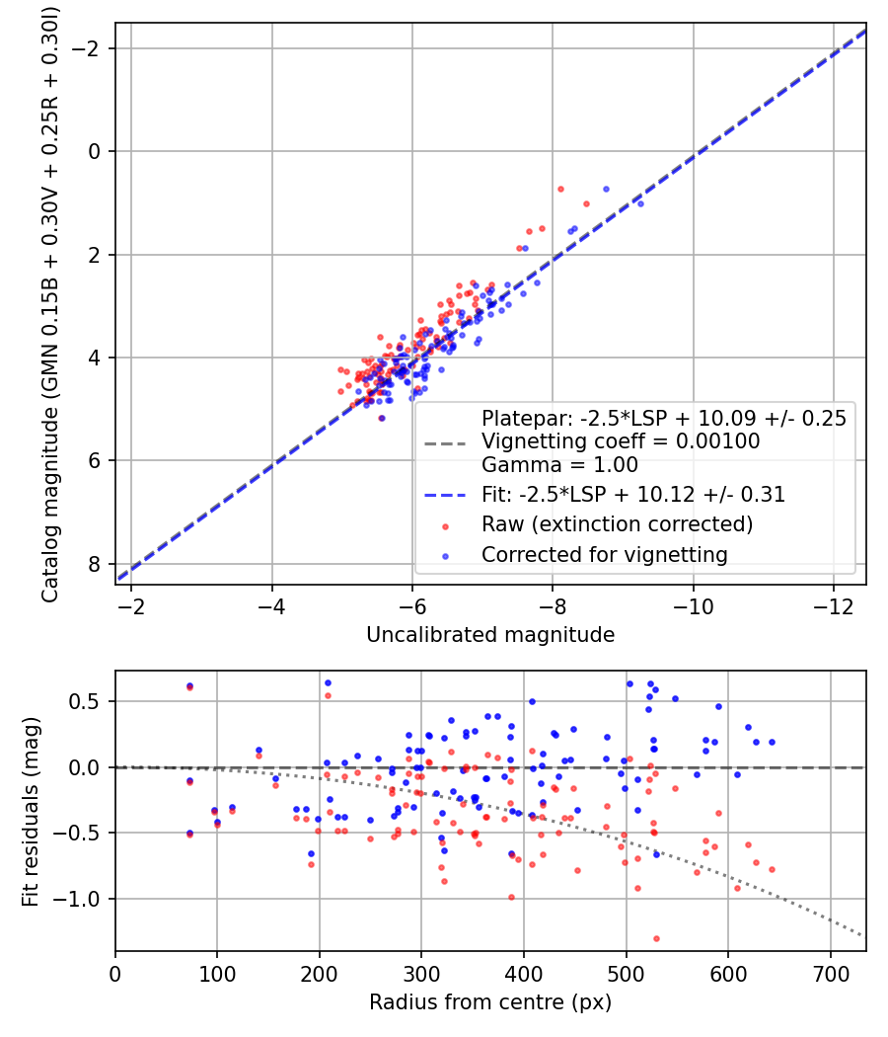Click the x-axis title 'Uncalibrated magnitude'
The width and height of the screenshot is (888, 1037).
pos(490,635)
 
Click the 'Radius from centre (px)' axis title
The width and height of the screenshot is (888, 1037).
pos(490,1002)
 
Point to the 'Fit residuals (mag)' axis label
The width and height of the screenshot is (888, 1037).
pos(31,812)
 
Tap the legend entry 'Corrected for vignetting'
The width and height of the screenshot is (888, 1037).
pos(605,555)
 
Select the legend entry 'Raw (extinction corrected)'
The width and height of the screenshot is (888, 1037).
pos(617,524)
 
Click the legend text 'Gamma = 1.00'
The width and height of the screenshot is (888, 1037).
pos(559,465)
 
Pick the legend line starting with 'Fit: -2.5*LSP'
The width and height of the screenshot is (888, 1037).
pos(633,495)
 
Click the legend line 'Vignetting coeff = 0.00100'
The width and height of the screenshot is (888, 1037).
pos(621,441)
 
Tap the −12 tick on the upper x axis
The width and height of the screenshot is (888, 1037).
pos(833,606)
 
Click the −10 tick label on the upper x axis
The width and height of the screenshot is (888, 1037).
pos(693,606)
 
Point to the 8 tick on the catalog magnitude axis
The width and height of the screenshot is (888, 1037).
pos(94,564)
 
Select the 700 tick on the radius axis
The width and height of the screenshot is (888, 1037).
pos(830,974)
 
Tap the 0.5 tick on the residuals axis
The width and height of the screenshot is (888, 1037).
pos(85,701)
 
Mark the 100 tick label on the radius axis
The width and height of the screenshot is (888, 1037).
pos(217,974)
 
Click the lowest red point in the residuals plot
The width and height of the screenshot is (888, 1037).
pos(656,938)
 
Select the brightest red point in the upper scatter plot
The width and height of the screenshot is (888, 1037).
pos(561,190)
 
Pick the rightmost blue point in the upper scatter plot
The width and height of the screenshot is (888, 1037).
pos(640,203)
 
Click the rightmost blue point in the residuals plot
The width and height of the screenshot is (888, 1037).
pos(772,742)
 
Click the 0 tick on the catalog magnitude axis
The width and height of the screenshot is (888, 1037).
pos(94,151)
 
